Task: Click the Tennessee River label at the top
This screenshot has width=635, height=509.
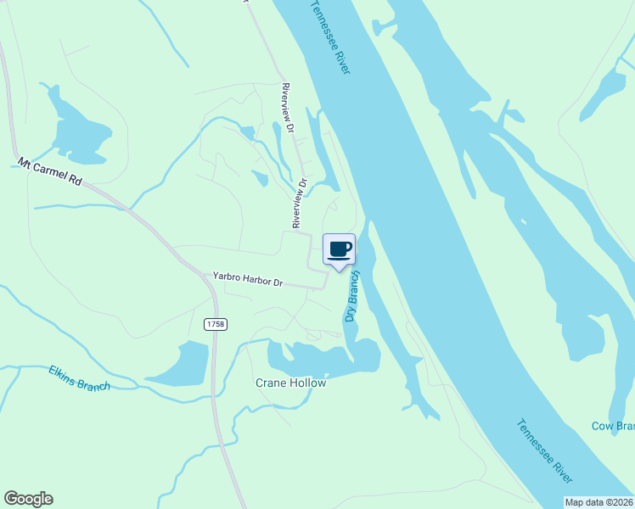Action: [x=329, y=37]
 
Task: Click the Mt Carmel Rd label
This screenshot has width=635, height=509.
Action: [x=50, y=171]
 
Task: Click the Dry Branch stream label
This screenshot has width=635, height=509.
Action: [x=352, y=296]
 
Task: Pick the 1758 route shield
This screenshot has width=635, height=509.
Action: [x=215, y=325]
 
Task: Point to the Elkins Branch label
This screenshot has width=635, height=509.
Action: [x=79, y=378]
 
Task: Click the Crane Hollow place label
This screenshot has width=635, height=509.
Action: [x=290, y=383]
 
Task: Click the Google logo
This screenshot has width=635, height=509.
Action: [x=28, y=499]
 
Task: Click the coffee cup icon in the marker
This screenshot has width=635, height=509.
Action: [x=339, y=249]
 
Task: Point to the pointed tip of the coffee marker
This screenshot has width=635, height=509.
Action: [x=339, y=271]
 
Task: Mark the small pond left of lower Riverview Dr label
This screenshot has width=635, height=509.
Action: [x=260, y=177]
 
